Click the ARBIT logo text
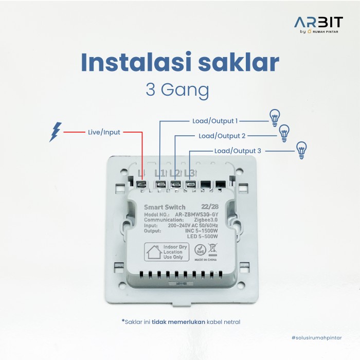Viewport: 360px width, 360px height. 319,23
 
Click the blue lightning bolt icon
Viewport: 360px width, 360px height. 55,131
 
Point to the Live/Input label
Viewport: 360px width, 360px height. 103,132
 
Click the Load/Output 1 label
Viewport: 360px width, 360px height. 215,121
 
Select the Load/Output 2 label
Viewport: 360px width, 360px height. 222,136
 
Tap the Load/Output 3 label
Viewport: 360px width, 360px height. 238,151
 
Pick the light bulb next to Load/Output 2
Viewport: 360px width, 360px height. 284,134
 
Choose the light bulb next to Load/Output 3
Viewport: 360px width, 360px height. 301,150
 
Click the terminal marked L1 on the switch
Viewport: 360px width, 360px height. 160,184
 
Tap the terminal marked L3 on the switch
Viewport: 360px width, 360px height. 190,184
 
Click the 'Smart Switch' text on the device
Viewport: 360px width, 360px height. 165,207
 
